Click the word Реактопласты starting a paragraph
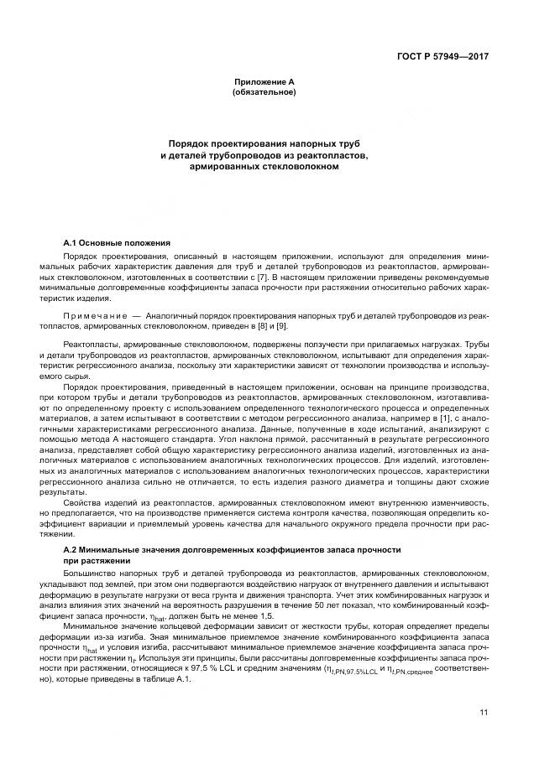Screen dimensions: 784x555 [91, 345]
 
